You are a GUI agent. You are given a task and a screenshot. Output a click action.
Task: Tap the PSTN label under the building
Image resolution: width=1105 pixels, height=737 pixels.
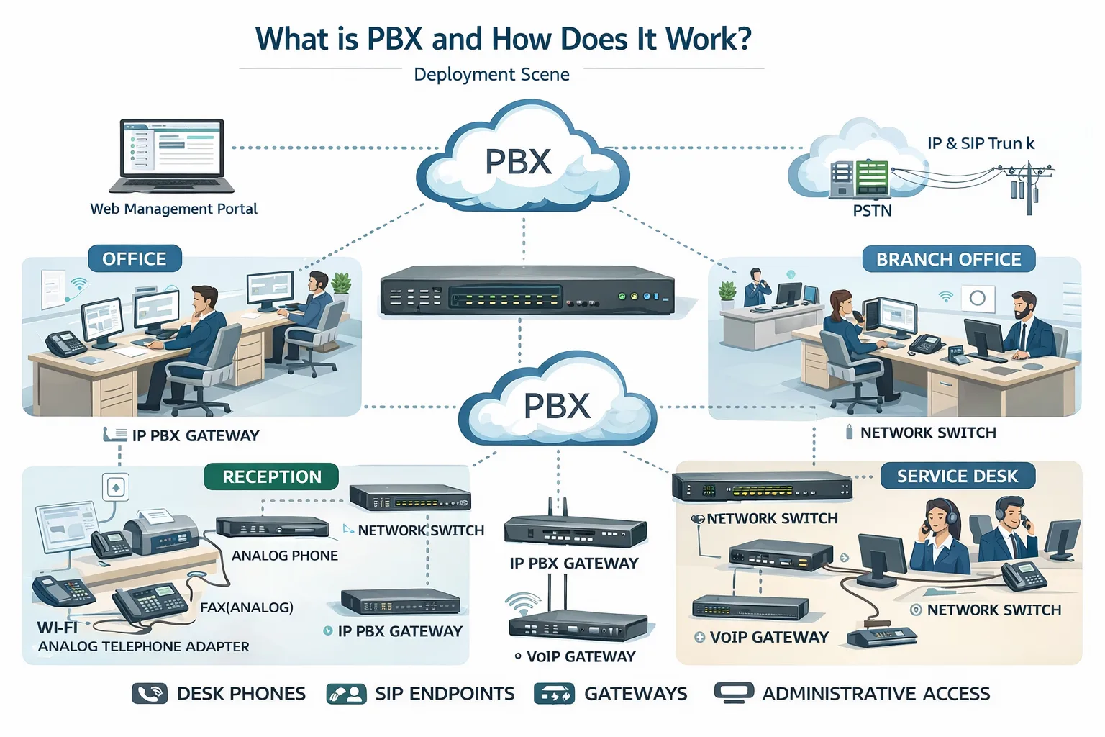(x=872, y=211)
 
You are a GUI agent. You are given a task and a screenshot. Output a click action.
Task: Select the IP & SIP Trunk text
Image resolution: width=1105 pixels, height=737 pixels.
(x=981, y=143)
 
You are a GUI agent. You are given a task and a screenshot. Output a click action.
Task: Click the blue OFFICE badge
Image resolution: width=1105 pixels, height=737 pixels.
(x=135, y=259)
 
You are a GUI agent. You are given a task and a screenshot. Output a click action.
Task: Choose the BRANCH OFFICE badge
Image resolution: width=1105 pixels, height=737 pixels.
(x=948, y=259)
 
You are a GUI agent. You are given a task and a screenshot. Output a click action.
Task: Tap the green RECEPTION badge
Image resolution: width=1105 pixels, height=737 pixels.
(x=271, y=476)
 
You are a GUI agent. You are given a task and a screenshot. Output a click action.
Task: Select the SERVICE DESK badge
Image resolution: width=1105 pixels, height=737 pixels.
(x=957, y=476)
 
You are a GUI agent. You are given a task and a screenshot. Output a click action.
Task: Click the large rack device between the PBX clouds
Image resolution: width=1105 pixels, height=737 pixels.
(x=527, y=291)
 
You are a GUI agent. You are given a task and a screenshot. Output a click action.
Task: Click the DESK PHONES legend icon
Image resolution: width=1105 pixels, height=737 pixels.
(x=150, y=694)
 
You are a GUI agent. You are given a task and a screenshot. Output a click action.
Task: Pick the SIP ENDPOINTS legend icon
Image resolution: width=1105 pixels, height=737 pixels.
(x=346, y=694)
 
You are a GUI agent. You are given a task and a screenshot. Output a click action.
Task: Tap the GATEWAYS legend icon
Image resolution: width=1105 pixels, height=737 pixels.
(x=554, y=694)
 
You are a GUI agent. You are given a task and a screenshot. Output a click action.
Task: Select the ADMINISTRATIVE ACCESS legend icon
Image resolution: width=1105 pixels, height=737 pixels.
(x=734, y=692)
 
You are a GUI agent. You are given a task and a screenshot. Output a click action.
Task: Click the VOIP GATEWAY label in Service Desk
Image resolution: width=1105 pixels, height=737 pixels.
(x=769, y=637)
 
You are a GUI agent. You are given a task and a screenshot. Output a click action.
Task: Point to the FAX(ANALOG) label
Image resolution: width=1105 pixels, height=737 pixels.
(x=246, y=607)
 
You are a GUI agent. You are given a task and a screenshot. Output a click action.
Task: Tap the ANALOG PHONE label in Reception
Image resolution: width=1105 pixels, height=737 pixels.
(x=284, y=556)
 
